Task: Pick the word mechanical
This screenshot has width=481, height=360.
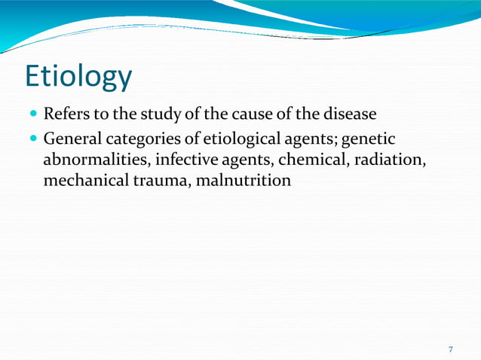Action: (80, 182)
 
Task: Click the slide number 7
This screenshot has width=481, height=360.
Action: (450, 349)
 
